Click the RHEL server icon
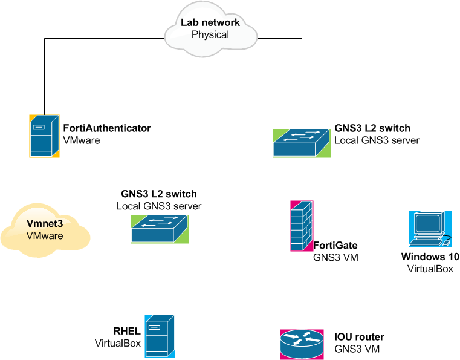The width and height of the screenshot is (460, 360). pos(160,334)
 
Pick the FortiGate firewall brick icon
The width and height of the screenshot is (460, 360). pos(301,225)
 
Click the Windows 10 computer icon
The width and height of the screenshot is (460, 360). pos(430,229)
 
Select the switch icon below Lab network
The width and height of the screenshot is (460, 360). pos(302,143)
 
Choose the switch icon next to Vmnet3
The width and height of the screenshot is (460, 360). pos(160,228)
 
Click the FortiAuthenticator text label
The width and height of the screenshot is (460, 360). pos(107,128)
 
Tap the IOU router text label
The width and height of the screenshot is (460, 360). pos(359,337)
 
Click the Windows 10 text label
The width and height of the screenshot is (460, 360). pos(430,257)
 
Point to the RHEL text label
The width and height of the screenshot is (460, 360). pos(127,331)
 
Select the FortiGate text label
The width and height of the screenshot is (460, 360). pos(335,245)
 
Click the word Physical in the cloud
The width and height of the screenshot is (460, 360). pos(210,34)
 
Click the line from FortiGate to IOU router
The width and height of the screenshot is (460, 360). pos(301,290)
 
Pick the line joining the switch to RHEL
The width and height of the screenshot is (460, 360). pos(160,278)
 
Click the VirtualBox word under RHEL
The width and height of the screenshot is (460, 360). pos(118,343)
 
